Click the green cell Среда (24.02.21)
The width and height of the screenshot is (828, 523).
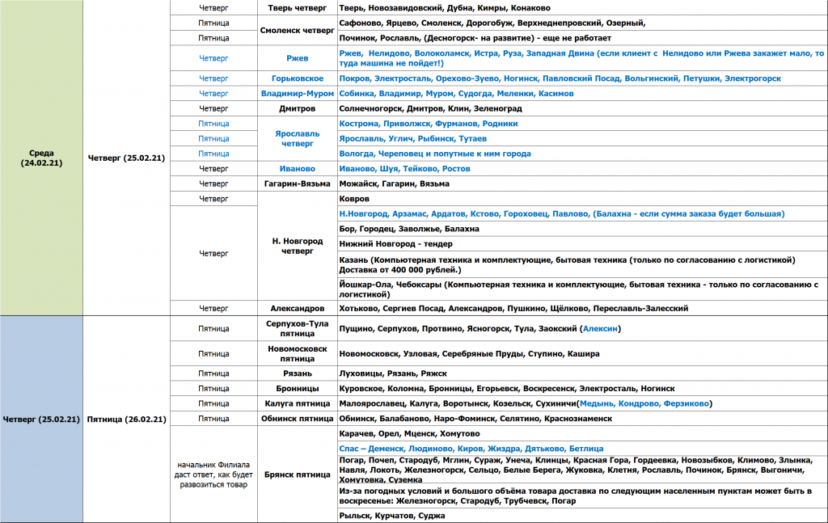pos(41,158)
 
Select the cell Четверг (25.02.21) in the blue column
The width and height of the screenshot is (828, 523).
pos(41,419)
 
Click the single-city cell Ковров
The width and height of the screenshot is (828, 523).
pos(354,199)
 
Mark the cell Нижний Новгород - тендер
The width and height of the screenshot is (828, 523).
pos(396,244)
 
